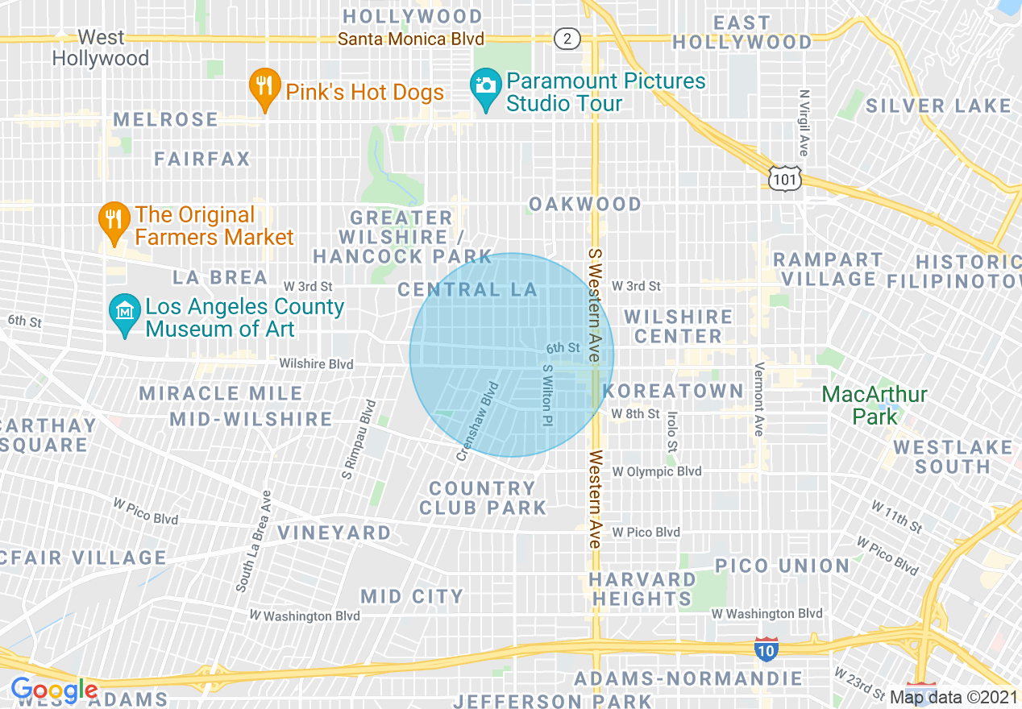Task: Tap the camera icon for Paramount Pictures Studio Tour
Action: (485, 92)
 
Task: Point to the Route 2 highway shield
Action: (567, 39)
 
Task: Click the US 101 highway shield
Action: (785, 178)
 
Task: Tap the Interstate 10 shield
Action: (766, 649)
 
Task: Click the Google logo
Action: (54, 690)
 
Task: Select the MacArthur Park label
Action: (875, 405)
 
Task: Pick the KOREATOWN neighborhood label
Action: (674, 391)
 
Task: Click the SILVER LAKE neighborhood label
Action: (938, 106)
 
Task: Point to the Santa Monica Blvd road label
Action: (411, 39)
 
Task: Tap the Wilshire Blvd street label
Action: (316, 364)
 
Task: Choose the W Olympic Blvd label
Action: (657, 471)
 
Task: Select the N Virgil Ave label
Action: (804, 122)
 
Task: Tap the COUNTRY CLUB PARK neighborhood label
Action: (483, 498)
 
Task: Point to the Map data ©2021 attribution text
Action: (953, 697)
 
